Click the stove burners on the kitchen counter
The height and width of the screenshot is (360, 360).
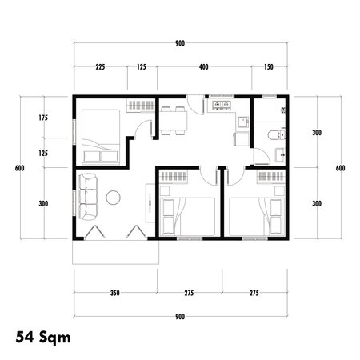[x=220, y=105]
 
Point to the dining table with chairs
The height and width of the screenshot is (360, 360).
[x=172, y=122]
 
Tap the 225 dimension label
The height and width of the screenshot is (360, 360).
[x=101, y=67]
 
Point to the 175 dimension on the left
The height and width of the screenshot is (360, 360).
[x=43, y=118]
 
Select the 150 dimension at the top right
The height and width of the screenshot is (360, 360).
[x=268, y=67]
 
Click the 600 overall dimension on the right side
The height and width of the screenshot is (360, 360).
[x=340, y=168]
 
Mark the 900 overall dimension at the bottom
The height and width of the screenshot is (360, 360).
[x=179, y=317]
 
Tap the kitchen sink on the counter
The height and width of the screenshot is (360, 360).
[x=239, y=122]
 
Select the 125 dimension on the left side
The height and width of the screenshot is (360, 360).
[x=43, y=152]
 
